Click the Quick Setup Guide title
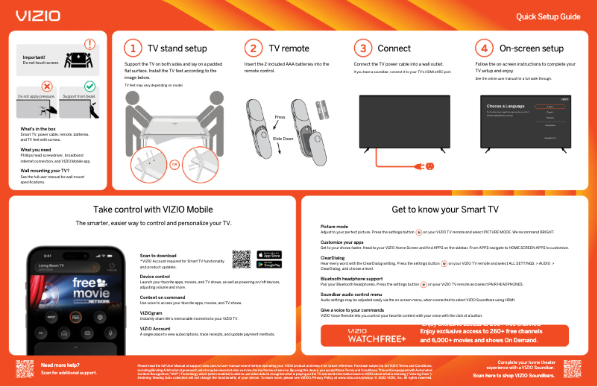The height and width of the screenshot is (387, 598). tap(548, 16)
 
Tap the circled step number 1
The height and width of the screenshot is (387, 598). tap(132, 48)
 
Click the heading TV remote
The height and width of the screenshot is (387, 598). tap(289, 48)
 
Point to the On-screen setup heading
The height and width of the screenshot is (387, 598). tap(532, 48)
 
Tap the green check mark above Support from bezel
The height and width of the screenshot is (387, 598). tap(89, 87)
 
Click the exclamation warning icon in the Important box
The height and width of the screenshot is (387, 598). tap(90, 45)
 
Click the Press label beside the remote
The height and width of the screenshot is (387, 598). tap(280, 118)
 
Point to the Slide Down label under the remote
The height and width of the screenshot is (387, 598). tap(283, 139)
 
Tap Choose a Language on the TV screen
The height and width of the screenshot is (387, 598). tap(505, 107)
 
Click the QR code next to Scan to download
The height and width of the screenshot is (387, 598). tap(242, 259)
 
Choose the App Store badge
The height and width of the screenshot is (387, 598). tap(269, 255)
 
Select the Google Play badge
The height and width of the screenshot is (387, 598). tap(269, 265)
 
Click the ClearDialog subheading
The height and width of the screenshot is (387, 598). tap(332, 258)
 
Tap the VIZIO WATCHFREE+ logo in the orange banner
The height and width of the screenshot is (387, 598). tap(377, 336)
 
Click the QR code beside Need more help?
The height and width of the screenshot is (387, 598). tap(25, 368)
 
